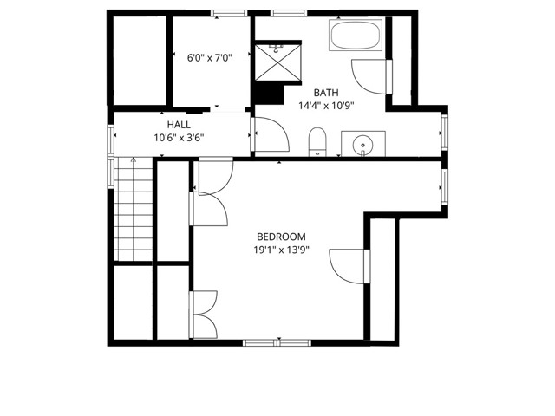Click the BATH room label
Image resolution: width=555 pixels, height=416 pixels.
pyautogui.click(x=326, y=93)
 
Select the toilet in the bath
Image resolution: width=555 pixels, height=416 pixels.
pyautogui.click(x=317, y=141)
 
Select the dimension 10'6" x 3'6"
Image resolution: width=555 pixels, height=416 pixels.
pyautogui.click(x=179, y=138)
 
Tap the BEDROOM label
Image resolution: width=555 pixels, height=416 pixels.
pyautogui.click(x=281, y=237)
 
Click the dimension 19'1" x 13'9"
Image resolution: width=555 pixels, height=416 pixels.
pyautogui.click(x=281, y=250)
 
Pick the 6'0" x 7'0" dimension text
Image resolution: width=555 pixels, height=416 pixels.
pyautogui.click(x=209, y=59)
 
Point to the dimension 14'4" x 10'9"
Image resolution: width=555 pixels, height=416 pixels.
pyautogui.click(x=326, y=106)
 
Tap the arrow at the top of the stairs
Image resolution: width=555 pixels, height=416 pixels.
pyautogui.click(x=133, y=161)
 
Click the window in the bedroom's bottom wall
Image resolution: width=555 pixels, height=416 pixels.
pyautogui.click(x=264, y=342)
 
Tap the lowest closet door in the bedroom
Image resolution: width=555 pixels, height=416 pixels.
pyautogui.click(x=204, y=314)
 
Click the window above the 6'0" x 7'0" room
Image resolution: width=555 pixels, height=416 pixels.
pyautogui.click(x=227, y=12)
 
